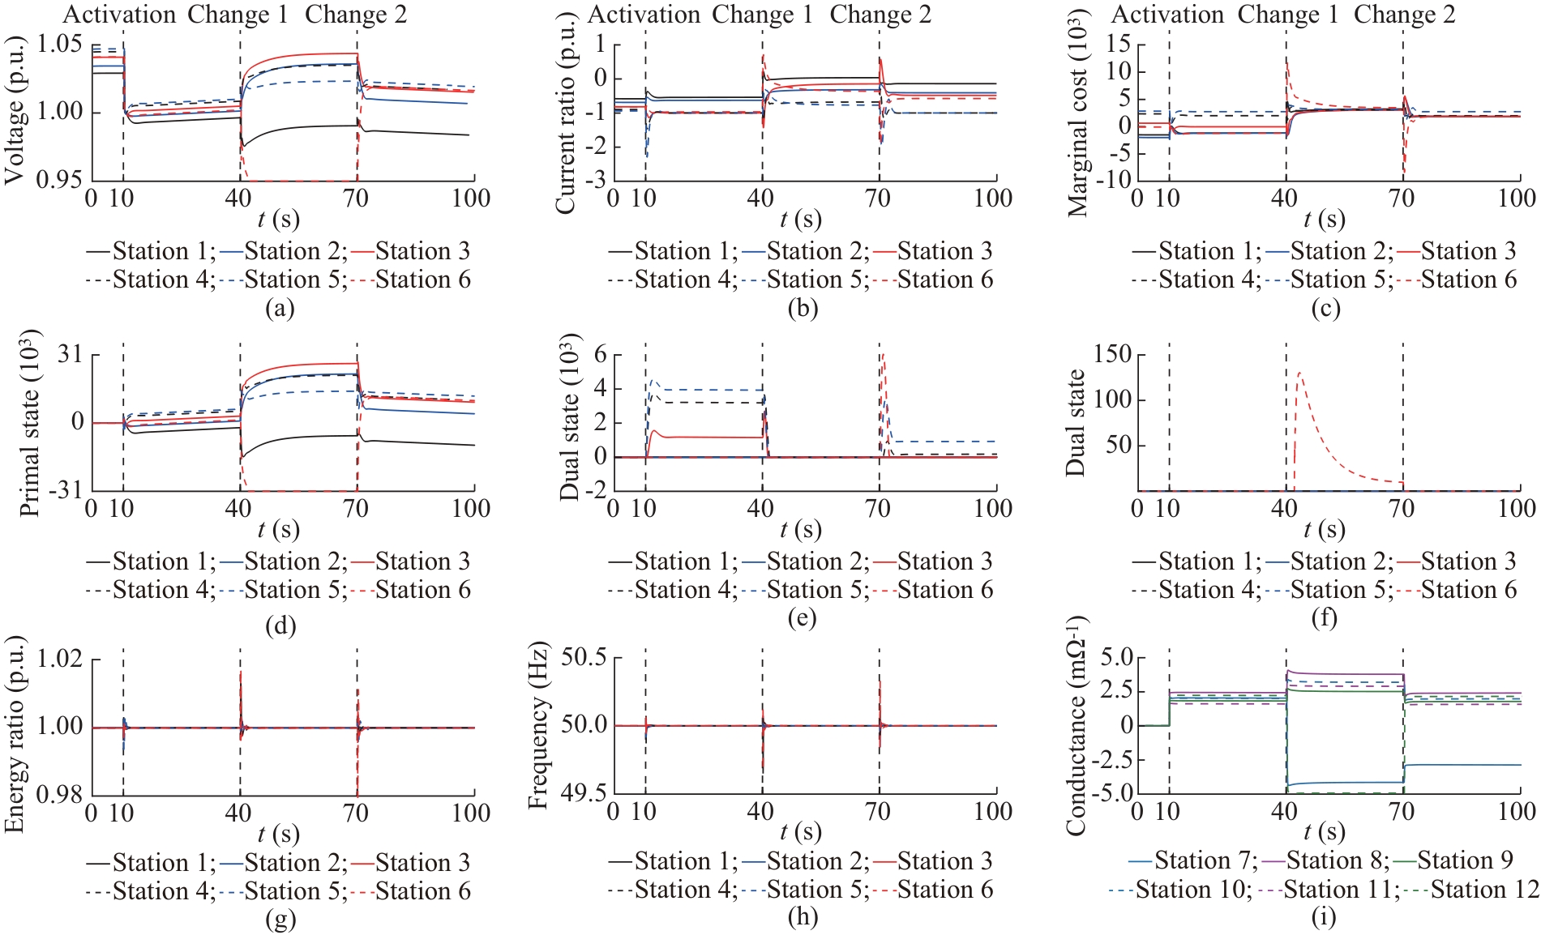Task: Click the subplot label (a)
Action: pyautogui.click(x=280, y=309)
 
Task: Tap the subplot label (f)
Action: pyautogui.click(x=1325, y=619)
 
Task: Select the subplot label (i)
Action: pyautogui.click(x=1325, y=917)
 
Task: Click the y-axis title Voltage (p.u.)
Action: pyautogui.click(x=15, y=109)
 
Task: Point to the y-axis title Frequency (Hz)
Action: pyautogui.click(x=538, y=727)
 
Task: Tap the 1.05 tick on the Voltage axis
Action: pyautogui.click(x=61, y=43)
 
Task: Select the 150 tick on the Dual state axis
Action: pyautogui.click(x=1112, y=354)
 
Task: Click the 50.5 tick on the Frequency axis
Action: pyautogui.click(x=584, y=657)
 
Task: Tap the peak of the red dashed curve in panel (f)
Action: pyautogui.click(x=1300, y=373)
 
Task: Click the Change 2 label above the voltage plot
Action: pyautogui.click(x=356, y=15)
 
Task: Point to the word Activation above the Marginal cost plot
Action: pyautogui.click(x=1167, y=15)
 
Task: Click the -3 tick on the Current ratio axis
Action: pyautogui.click(x=597, y=180)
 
